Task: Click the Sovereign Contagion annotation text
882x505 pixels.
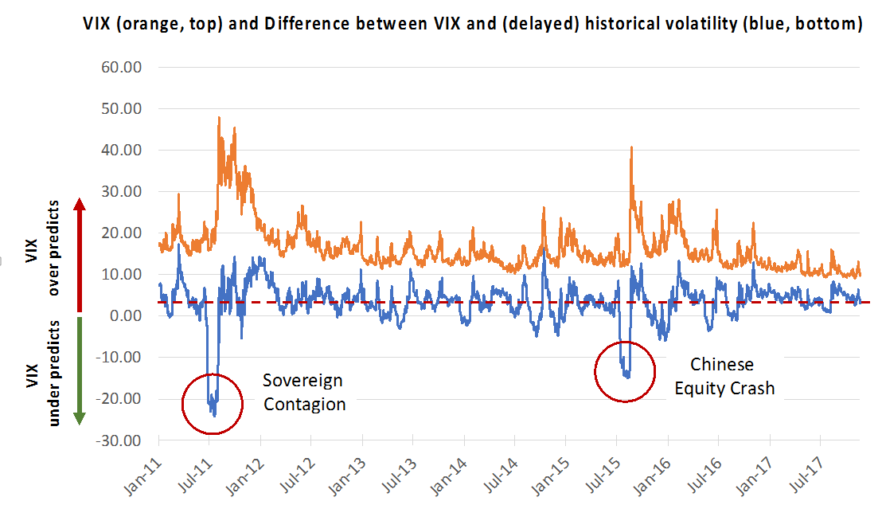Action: pos(304,392)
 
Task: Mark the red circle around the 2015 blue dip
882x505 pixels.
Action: pos(626,371)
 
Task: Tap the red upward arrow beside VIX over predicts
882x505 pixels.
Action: pos(80,255)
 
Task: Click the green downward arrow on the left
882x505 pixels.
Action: pos(80,370)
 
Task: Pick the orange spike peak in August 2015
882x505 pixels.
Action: pos(630,147)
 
